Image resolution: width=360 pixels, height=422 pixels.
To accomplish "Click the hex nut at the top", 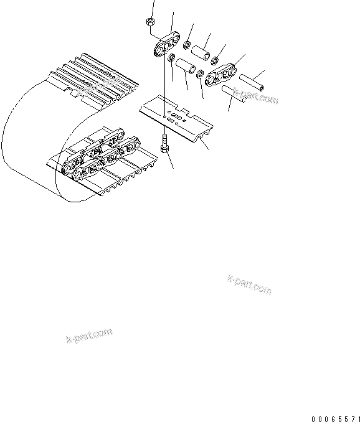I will [x=150, y=22].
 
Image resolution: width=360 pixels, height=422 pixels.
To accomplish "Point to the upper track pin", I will [x=250, y=82].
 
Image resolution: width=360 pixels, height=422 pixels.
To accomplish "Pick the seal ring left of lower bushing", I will [x=170, y=59].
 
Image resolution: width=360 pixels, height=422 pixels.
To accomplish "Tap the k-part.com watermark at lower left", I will [x=89, y=336].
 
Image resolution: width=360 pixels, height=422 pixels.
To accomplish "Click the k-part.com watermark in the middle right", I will [x=250, y=285].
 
